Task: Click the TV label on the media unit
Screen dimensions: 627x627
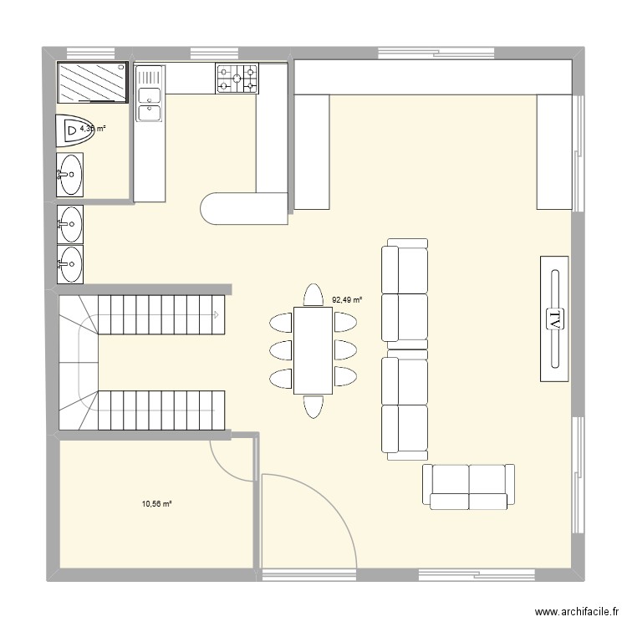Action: coord(553,319)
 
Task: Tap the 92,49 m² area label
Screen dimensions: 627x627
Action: coord(347,298)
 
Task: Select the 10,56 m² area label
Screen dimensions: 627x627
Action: coord(156,504)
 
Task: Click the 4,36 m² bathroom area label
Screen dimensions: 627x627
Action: coord(92,128)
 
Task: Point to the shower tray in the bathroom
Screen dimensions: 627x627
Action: coord(91,82)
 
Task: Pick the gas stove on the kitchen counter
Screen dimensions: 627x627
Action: coord(237,79)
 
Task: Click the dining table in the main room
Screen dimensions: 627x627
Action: coord(313,349)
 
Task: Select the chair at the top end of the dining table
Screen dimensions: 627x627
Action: coord(313,295)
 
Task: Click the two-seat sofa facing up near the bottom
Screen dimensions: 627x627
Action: coord(468,486)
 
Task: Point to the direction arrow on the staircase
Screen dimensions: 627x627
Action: coord(216,315)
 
